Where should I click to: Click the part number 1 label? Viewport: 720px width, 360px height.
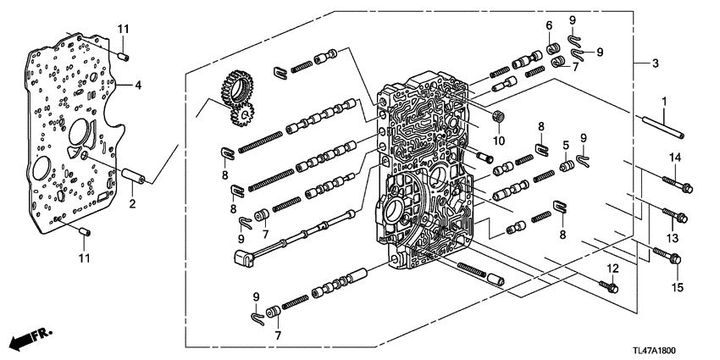(665, 102)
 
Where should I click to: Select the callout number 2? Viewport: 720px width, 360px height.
(131, 203)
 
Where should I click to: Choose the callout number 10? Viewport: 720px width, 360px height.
(499, 140)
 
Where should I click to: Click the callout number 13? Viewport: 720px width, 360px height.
(674, 240)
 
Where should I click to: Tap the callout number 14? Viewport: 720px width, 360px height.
(675, 158)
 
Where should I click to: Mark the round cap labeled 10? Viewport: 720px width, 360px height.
(497, 115)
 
